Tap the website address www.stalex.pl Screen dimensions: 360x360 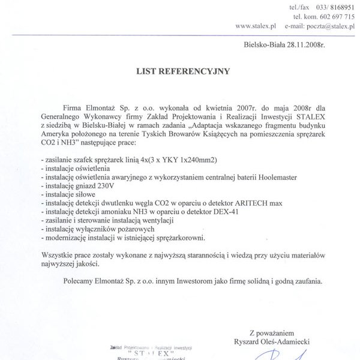pos(255,26)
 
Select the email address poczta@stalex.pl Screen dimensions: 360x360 pos(329,26)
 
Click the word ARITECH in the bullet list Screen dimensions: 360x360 pos(242,203)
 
